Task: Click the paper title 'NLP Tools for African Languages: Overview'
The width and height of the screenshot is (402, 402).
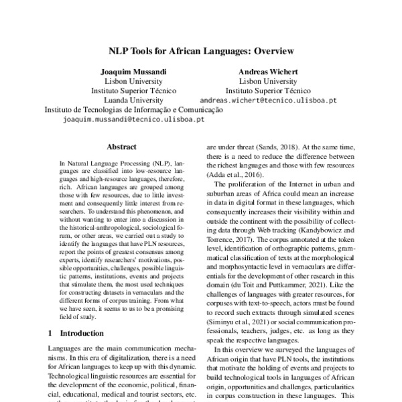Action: click(x=201, y=50)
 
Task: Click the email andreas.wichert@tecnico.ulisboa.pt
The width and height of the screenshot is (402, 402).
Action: click(x=277, y=100)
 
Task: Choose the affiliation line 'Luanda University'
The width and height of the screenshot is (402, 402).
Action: click(x=133, y=100)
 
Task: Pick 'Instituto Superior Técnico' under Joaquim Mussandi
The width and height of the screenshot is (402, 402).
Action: click(x=133, y=90)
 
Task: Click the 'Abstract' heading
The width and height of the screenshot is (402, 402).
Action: click(x=121, y=147)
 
